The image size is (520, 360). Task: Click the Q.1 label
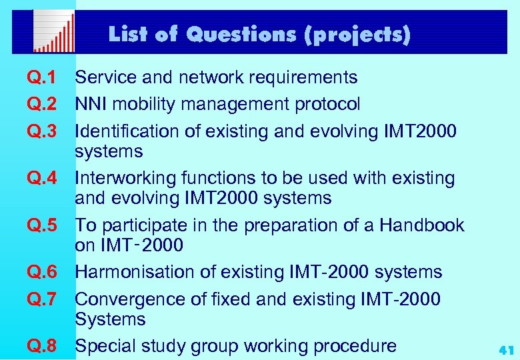click(41, 78)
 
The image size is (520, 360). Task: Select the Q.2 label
click(41, 105)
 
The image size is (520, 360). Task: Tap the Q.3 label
click(41, 131)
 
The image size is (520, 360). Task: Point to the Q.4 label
click(41, 179)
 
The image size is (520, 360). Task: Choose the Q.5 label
click(41, 225)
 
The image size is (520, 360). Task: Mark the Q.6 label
click(41, 272)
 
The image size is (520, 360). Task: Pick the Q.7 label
click(41, 300)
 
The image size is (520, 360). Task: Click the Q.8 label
click(41, 346)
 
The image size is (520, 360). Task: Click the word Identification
click(127, 131)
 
